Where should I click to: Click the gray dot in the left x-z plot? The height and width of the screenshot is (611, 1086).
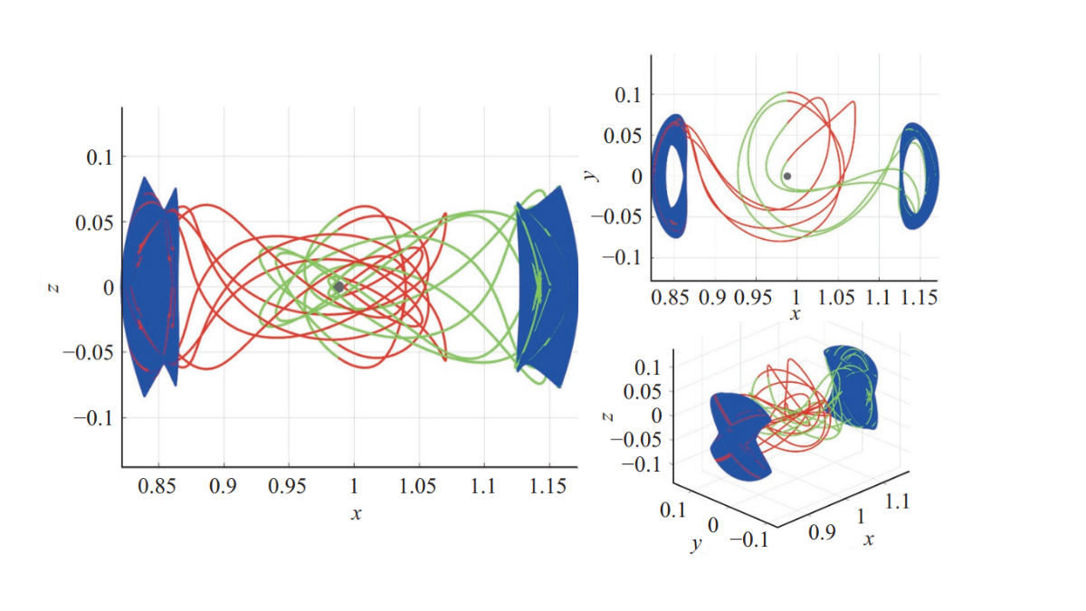click(x=338, y=286)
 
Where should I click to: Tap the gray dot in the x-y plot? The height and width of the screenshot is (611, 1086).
click(x=787, y=176)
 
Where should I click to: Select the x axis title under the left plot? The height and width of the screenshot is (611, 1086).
click(x=356, y=513)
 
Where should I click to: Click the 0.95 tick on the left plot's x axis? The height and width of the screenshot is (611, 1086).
click(x=288, y=486)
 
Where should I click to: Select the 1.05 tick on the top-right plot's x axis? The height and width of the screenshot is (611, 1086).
click(x=838, y=297)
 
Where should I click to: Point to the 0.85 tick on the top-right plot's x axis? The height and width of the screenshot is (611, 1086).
click(x=669, y=297)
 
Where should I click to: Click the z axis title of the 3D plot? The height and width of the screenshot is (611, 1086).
click(x=608, y=415)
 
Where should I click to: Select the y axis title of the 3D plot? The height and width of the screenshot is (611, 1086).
click(x=696, y=546)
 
